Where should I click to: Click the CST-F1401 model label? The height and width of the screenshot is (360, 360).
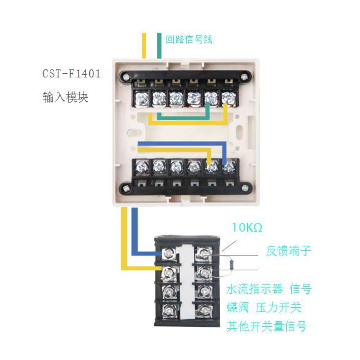71,74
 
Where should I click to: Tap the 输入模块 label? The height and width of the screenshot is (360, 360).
66,97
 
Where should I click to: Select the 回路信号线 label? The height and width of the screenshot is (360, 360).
189,39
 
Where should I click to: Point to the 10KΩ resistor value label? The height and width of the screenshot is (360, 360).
247,227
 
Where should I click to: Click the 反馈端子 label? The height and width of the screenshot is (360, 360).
289,251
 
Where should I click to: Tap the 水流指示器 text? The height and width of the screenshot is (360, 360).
254,289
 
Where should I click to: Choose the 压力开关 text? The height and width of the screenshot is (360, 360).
278,307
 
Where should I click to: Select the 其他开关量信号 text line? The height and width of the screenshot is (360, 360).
267,326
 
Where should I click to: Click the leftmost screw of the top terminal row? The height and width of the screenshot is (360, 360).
142,98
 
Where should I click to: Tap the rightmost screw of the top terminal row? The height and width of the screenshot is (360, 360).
229,98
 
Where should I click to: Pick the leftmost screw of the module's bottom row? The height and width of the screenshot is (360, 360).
142,167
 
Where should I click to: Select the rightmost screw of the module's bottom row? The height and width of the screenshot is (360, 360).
229,167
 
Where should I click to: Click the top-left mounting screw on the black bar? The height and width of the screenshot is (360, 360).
126,77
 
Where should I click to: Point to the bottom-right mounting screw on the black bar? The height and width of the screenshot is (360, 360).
245,188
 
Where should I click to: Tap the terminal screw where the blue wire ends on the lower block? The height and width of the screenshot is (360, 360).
170,254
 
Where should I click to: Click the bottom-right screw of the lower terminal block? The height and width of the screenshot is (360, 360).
204,310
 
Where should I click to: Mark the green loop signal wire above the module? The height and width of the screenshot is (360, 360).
159,45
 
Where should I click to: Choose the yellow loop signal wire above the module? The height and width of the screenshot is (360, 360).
144,45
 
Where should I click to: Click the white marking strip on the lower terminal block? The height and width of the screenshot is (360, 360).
187,282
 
